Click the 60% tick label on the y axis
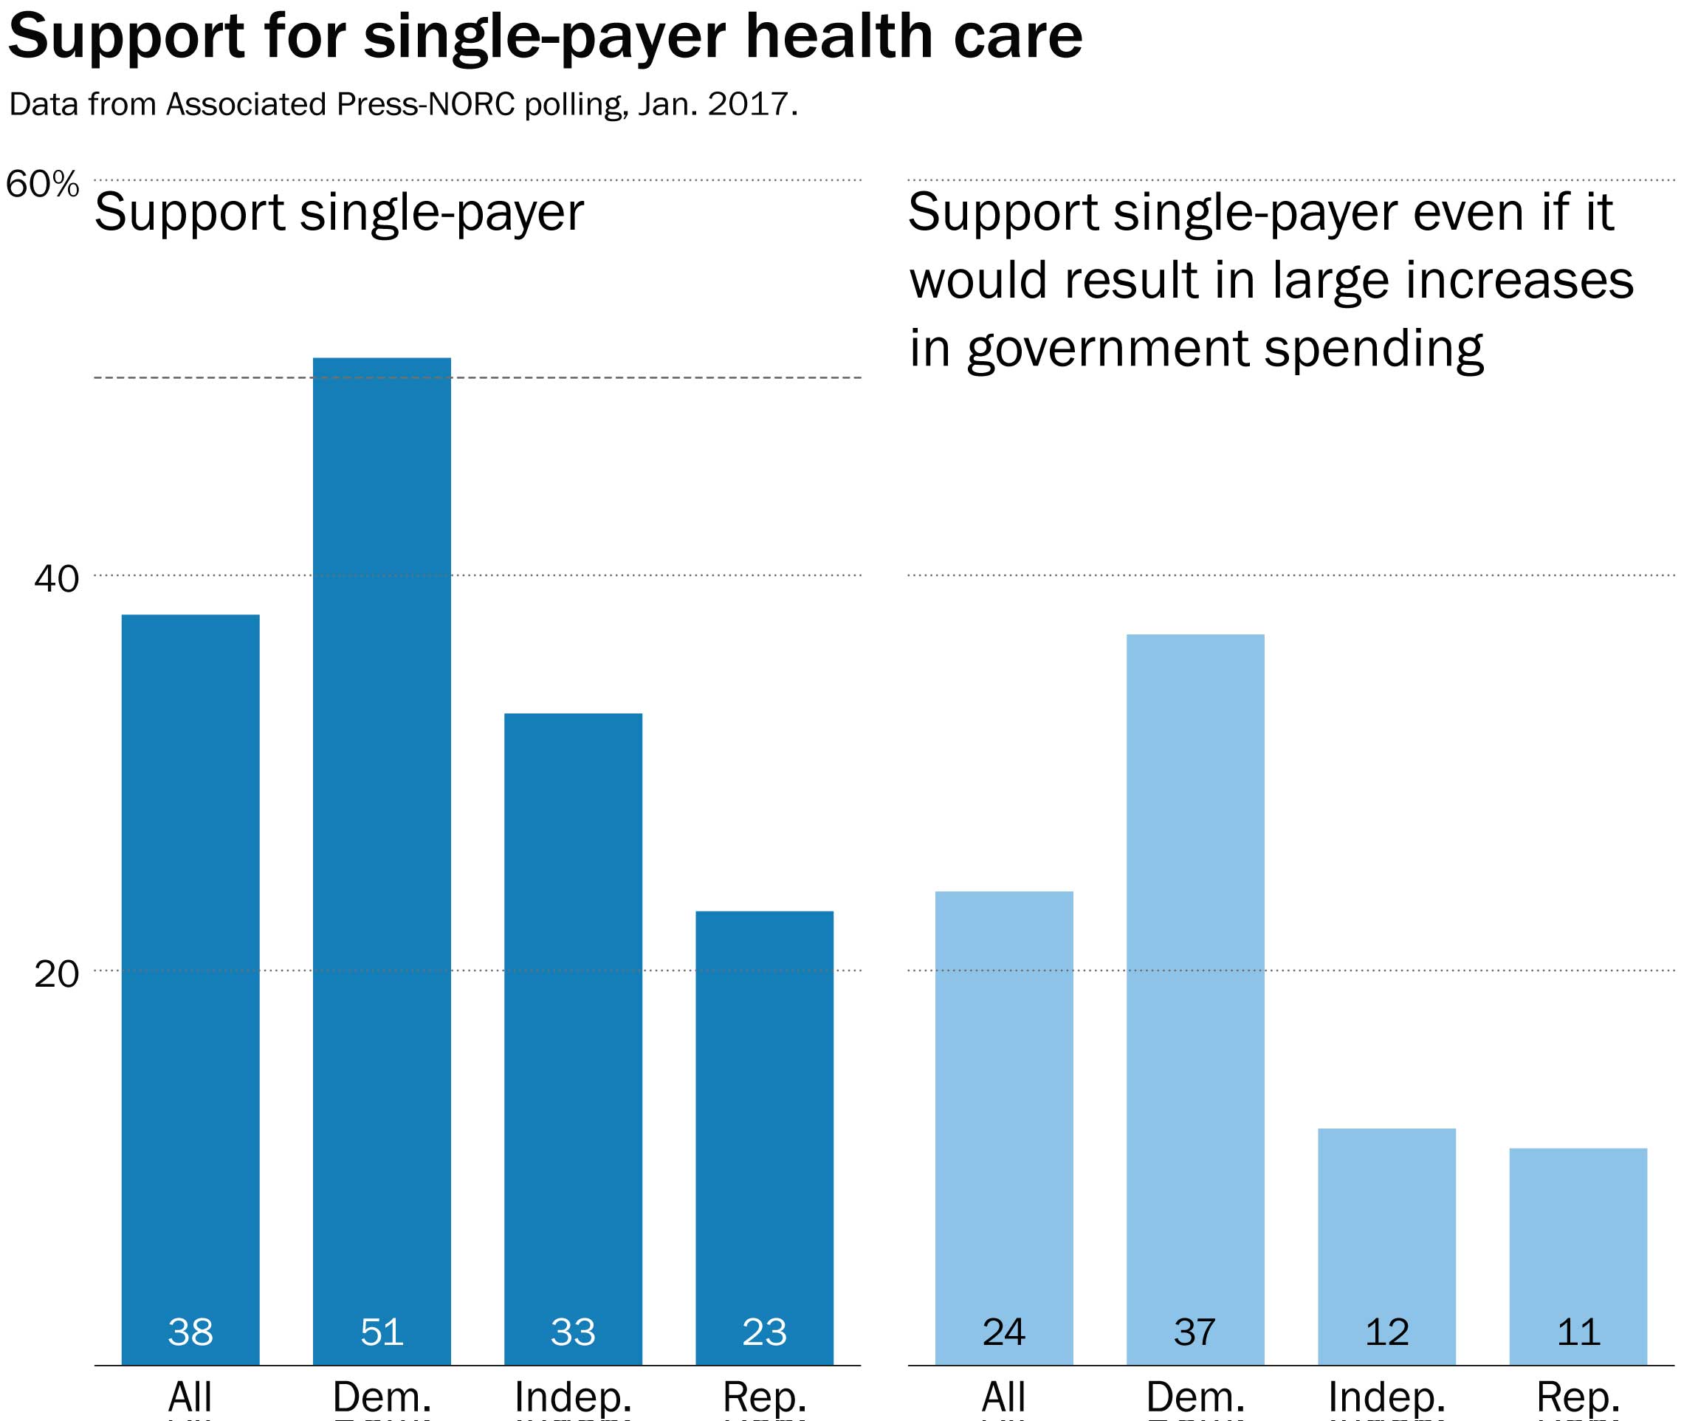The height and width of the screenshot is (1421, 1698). (43, 185)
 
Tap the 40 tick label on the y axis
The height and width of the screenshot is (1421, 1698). (57, 579)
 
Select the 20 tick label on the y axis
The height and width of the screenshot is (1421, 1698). (57, 973)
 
